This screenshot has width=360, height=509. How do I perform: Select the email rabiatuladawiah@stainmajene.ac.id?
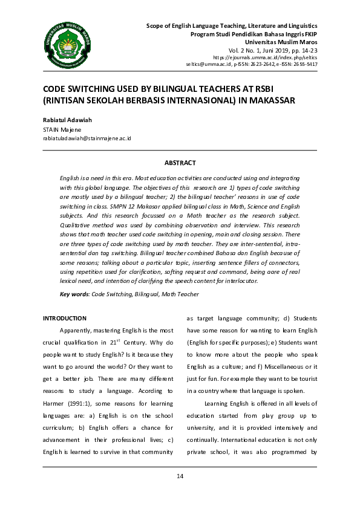pyautogui.click(x=87, y=138)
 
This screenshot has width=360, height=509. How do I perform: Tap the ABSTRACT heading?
pyautogui.click(x=180, y=163)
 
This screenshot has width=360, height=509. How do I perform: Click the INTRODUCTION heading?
pyautogui.click(x=64, y=318)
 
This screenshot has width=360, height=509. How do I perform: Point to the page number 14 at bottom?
pyautogui.click(x=180, y=476)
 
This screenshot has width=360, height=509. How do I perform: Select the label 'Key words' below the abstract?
pyautogui.click(x=74, y=294)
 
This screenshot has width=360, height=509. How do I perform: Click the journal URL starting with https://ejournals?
pyautogui.click(x=273, y=57)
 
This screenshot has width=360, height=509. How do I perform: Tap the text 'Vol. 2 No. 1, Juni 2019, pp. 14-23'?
pyautogui.click(x=272, y=50)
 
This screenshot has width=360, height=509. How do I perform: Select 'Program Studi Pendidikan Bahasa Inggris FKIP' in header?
pyautogui.click(x=254, y=34)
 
